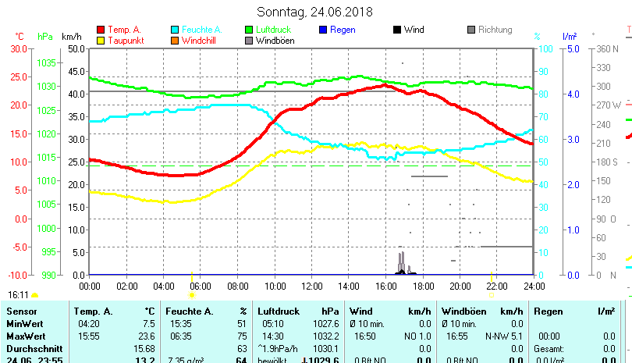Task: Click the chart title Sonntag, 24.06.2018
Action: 315,12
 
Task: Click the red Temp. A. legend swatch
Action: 101,30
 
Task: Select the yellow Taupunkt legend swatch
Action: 101,41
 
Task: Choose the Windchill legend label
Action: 201,41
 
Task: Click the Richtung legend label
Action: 495,30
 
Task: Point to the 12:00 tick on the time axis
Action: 311,286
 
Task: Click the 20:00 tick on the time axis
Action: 460,286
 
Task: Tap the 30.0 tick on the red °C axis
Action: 18,48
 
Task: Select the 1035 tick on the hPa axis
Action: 47,62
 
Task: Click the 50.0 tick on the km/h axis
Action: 76,48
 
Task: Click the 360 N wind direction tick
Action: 605,48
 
